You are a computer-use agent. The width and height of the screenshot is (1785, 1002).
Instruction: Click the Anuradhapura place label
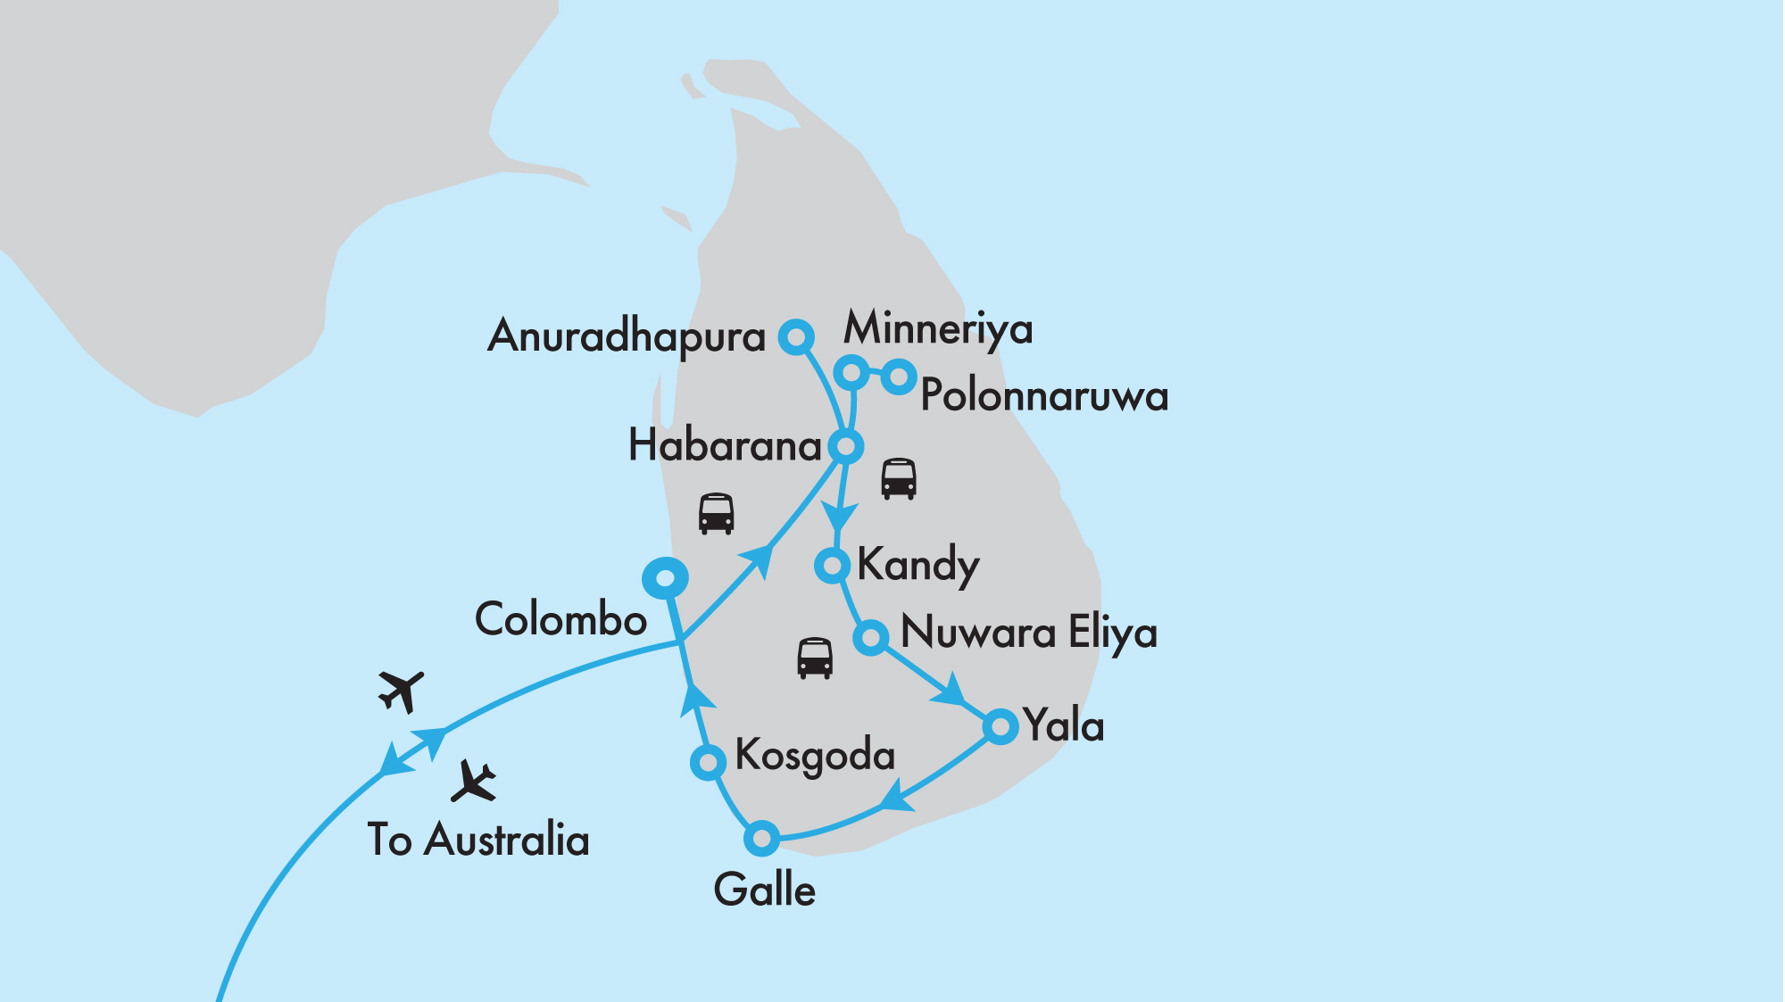pyautogui.click(x=627, y=337)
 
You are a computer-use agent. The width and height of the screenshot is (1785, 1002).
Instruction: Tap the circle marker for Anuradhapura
pyautogui.click(x=795, y=337)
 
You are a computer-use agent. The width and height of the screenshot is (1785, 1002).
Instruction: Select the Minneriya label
pyautogui.click(x=938, y=328)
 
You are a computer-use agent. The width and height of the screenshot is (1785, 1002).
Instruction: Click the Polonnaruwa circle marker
pyautogui.click(x=899, y=377)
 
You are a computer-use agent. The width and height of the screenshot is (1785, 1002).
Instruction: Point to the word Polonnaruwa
pyautogui.click(x=1044, y=395)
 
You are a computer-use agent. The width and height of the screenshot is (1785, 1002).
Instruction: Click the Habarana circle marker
pyautogui.click(x=845, y=445)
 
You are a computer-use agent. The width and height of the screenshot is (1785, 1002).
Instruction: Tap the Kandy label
pyautogui.click(x=917, y=565)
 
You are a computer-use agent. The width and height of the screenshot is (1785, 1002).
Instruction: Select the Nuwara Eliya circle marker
pyautogui.click(x=870, y=637)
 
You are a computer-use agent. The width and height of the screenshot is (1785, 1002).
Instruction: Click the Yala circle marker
pyautogui.click(x=1000, y=726)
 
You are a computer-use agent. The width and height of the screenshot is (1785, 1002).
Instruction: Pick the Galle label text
pyautogui.click(x=765, y=890)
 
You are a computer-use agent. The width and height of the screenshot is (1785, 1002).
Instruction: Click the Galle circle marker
pyautogui.click(x=761, y=838)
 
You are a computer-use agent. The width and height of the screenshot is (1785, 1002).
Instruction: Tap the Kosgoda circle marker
pyautogui.click(x=708, y=762)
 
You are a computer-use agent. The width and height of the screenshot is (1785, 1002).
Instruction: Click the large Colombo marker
pyautogui.click(x=665, y=578)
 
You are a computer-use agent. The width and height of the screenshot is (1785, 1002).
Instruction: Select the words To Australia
pyautogui.click(x=478, y=840)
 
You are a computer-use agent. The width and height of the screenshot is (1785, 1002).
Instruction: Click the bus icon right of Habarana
pyautogui.click(x=898, y=479)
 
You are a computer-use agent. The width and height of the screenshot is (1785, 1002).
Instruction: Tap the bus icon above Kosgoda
pyautogui.click(x=814, y=658)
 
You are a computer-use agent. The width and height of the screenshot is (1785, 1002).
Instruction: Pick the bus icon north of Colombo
pyautogui.click(x=716, y=514)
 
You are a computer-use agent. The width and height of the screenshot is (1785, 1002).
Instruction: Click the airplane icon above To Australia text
pyautogui.click(x=473, y=782)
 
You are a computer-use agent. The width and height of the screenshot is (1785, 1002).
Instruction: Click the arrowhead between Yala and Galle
pyautogui.click(x=897, y=796)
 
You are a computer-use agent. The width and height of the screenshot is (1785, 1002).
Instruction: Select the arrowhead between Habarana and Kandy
pyautogui.click(x=839, y=517)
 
